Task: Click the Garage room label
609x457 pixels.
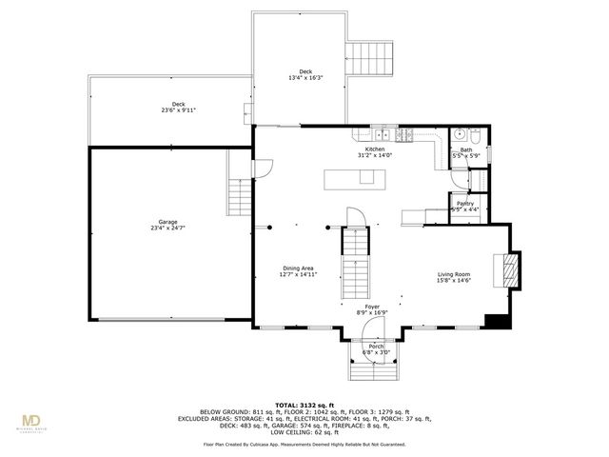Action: click(x=168, y=224)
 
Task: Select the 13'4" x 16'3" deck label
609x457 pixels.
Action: click(x=304, y=74)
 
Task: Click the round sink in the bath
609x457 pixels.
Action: click(x=458, y=134)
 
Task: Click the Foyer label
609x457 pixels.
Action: click(x=372, y=309)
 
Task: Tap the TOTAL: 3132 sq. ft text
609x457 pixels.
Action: click(x=304, y=405)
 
